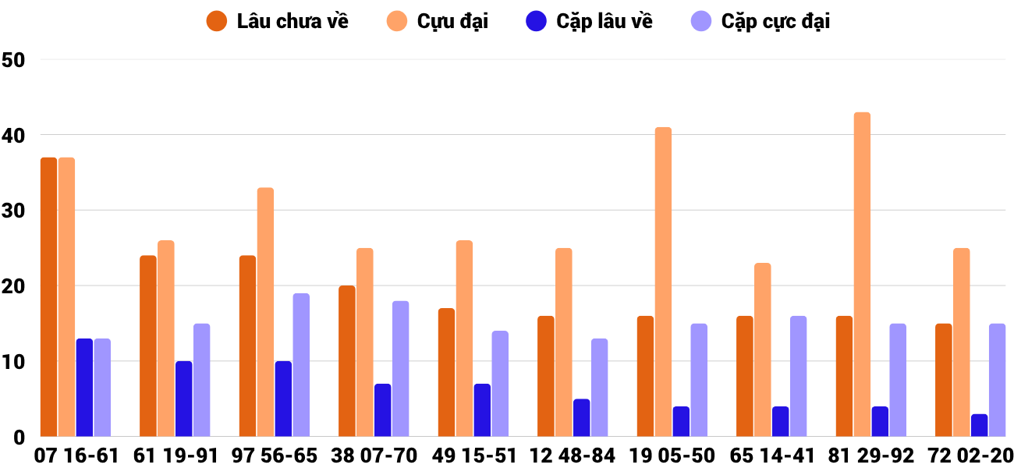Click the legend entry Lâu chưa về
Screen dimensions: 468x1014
pyautogui.click(x=278, y=21)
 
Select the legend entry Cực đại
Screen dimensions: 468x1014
pyautogui.click(x=438, y=21)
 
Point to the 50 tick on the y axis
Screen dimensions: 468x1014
pyautogui.click(x=14, y=60)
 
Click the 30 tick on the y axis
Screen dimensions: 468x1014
pyautogui.click(x=14, y=211)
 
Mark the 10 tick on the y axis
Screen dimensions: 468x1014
pyautogui.click(x=14, y=362)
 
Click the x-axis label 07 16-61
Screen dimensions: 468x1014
pyautogui.click(x=76, y=456)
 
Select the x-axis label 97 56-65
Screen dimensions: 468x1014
pyautogui.click(x=275, y=456)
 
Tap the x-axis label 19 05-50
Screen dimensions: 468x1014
pyautogui.click(x=672, y=456)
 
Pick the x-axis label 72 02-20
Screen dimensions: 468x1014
pyautogui.click(x=970, y=456)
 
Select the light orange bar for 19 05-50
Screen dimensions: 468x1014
pyautogui.click(x=663, y=282)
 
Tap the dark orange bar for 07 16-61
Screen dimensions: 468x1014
pyautogui.click(x=48, y=297)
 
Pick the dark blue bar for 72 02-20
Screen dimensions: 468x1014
pyautogui.click(x=979, y=425)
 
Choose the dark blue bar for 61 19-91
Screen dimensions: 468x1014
pyautogui.click(x=183, y=399)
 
